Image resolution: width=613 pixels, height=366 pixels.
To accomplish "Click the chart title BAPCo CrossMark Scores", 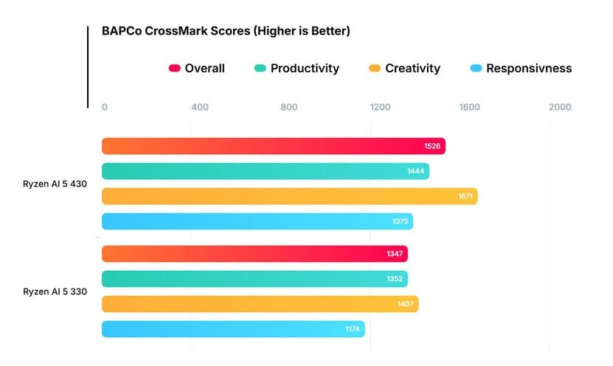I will [226, 31].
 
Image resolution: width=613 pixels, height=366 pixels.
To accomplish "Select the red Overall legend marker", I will [175, 69].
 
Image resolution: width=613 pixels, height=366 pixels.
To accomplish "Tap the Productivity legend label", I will [305, 69].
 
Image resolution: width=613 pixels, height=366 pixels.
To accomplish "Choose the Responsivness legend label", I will [530, 69].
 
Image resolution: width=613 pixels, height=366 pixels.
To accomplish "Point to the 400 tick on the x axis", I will [199, 107].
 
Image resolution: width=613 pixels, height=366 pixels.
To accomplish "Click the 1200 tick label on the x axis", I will [380, 107].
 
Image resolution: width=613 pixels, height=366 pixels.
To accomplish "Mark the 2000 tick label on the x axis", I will [560, 107].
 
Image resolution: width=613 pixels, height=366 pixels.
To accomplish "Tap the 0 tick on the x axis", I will [105, 107].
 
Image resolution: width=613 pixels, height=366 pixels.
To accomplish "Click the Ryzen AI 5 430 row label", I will [55, 184].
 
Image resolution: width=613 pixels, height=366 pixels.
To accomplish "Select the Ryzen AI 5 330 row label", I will [55, 291].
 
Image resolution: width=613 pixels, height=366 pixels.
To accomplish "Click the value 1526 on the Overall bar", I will [432, 146].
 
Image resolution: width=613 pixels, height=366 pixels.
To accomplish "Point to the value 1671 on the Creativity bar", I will [464, 196].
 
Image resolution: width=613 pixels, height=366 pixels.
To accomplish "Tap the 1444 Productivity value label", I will [416, 171].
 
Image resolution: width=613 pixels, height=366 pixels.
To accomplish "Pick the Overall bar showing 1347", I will [254, 254].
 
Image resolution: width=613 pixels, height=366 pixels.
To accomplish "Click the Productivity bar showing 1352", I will [254, 279].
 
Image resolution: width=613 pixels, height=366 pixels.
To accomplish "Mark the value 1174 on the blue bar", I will [353, 329].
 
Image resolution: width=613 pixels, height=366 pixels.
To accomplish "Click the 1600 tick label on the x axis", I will [470, 107].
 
